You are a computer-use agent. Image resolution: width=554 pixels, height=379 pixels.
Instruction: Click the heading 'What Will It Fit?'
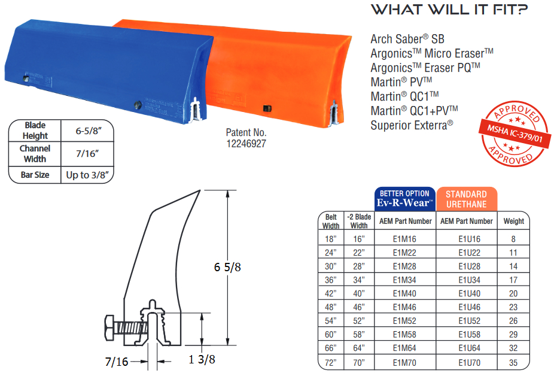pyautogui.click(x=449, y=10)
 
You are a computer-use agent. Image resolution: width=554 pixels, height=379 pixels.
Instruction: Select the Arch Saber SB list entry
pyautogui.click(x=407, y=39)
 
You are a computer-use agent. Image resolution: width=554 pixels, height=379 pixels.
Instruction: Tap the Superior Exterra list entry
pyautogui.click(x=412, y=125)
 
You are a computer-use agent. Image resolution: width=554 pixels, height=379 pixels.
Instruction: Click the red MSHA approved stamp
pyautogui.click(x=515, y=134)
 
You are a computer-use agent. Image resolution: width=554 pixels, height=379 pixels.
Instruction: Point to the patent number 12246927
pyautogui.click(x=246, y=144)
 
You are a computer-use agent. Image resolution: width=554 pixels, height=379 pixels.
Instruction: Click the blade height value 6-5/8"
pyautogui.click(x=89, y=131)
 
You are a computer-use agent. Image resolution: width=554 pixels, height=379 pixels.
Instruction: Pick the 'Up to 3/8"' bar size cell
pyautogui.click(x=87, y=175)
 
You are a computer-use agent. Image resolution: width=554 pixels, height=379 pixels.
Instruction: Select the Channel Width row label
pyautogui.click(x=35, y=154)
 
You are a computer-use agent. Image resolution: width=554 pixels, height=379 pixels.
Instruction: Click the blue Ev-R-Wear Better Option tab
pyautogui.click(x=405, y=199)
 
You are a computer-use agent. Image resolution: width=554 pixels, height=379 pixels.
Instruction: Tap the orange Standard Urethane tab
pyautogui.click(x=467, y=199)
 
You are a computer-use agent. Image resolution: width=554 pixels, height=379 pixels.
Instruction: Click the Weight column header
pyautogui.click(x=514, y=222)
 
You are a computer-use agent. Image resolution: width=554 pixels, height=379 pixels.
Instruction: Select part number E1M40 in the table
pyautogui.click(x=404, y=293)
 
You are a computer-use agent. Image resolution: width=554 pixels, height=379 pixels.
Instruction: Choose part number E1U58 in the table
pyautogui.click(x=469, y=335)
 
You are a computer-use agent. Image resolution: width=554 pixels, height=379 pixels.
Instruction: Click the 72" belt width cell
pyautogui.click(x=331, y=363)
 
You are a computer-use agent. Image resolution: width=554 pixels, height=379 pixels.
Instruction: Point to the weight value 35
pyautogui.click(x=513, y=363)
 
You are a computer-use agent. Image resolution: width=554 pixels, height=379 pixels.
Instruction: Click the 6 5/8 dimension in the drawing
pyautogui.click(x=227, y=267)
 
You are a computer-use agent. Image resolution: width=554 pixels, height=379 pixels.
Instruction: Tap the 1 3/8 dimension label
pyautogui.click(x=202, y=360)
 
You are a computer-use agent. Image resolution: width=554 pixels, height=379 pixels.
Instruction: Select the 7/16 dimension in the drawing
pyautogui.click(x=117, y=362)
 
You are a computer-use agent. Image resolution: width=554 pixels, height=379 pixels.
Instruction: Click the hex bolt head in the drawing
pyautogui.click(x=110, y=328)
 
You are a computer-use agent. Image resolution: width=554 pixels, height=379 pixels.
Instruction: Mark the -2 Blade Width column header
pyautogui.click(x=359, y=221)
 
